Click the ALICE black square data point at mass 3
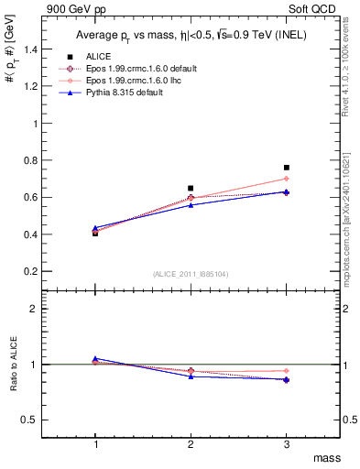point(287,168)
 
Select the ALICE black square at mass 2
point(191,188)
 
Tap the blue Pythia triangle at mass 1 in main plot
point(95,228)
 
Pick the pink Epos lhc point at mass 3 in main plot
point(287,179)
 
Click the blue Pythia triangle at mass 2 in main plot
point(191,204)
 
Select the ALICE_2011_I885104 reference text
point(191,274)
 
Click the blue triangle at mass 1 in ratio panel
point(95,359)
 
